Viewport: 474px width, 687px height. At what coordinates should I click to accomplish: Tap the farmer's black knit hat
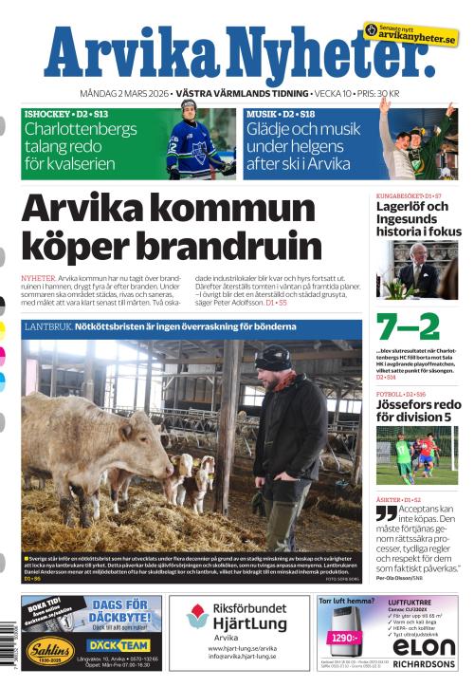(x=274, y=359)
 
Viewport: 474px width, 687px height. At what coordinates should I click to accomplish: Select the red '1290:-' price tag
(x=344, y=637)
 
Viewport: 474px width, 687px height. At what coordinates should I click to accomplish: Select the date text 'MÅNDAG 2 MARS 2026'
(x=125, y=94)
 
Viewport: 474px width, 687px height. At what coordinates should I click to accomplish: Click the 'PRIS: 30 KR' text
(x=374, y=94)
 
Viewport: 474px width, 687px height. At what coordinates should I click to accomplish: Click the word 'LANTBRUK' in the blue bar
(x=47, y=327)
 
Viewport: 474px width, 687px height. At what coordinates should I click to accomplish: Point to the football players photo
(x=417, y=455)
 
